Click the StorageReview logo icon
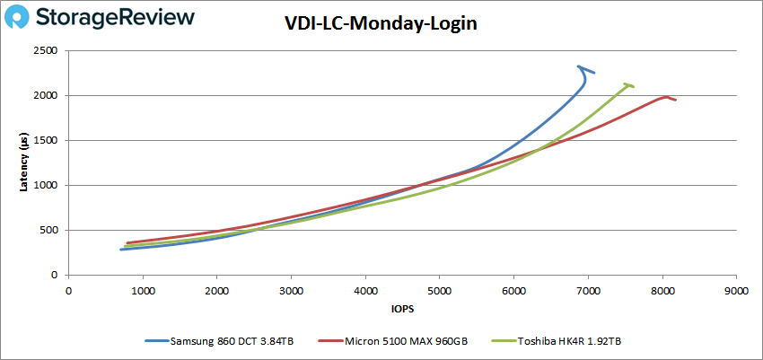(24, 18)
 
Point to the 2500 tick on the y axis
(47, 51)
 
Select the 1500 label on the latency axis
(47, 141)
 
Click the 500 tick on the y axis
(50, 231)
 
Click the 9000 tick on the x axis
(736, 291)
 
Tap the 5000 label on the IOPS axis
(439, 291)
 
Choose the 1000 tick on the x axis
(143, 291)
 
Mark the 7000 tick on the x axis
(588, 291)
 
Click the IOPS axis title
(401, 309)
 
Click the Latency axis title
(24, 162)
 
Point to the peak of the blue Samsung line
(579, 66)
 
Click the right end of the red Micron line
(675, 100)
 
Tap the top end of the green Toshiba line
(627, 83)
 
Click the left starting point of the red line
(127, 243)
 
